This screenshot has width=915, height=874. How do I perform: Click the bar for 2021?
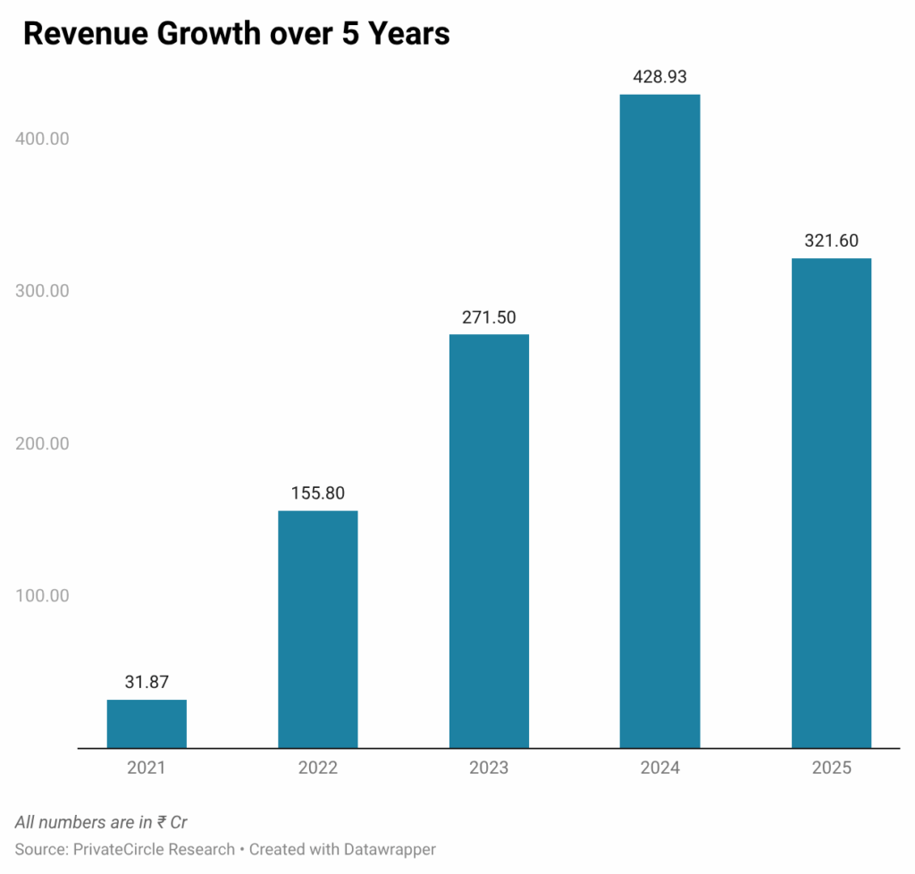click(147, 723)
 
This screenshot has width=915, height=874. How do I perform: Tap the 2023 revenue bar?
click(489, 541)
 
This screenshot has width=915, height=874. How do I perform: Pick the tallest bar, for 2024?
click(659, 421)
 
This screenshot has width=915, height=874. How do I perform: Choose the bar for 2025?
click(831, 502)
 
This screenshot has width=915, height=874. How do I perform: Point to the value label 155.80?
click(318, 492)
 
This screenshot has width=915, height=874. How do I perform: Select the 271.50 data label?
click(489, 316)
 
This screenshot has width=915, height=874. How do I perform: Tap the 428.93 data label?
click(659, 77)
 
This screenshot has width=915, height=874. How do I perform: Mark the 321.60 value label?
click(831, 240)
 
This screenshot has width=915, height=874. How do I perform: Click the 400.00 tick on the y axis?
click(41, 139)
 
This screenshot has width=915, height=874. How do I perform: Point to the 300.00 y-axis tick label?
click(41, 291)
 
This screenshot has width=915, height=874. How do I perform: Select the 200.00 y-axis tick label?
click(41, 443)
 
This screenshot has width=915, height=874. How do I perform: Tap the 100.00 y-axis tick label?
click(41, 595)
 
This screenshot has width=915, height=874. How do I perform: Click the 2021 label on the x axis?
click(147, 768)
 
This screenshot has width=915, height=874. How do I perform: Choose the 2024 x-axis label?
click(659, 768)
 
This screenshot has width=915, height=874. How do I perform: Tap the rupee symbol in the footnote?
click(161, 822)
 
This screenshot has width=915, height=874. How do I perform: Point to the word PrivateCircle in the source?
click(119, 849)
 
